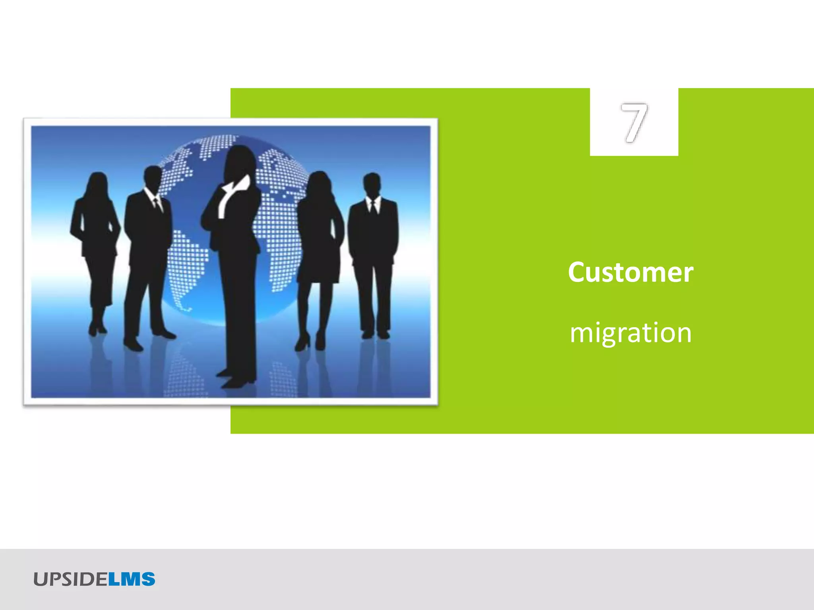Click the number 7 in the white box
point(634,122)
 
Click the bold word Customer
point(630,272)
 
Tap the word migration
point(630,333)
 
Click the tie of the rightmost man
point(373,207)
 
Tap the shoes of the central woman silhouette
point(235,379)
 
